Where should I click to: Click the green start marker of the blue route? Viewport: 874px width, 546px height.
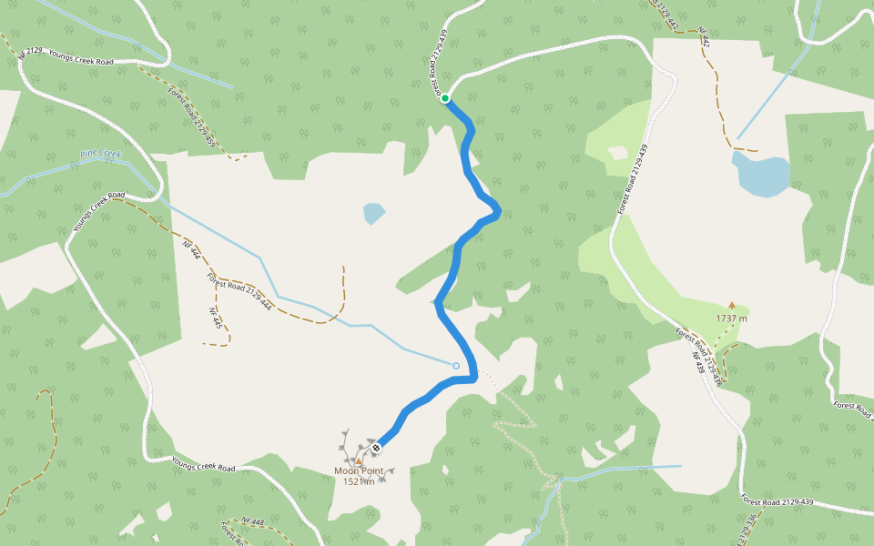(446, 98)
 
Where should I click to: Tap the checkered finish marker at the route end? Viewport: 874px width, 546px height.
(376, 447)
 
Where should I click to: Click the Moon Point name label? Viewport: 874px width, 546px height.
(359, 471)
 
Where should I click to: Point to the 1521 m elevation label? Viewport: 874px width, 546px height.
(359, 481)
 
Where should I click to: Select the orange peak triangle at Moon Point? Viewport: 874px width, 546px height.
(358, 461)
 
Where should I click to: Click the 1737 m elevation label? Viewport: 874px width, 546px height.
(731, 318)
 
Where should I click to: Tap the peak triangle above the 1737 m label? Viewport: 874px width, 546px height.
(731, 306)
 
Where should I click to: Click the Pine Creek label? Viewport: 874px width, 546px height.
(100, 155)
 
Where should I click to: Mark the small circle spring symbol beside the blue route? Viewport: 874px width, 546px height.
(455, 366)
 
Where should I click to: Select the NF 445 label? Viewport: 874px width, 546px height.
(216, 318)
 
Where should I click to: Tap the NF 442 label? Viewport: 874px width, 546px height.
(702, 37)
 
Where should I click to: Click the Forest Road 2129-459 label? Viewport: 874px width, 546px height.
(192, 118)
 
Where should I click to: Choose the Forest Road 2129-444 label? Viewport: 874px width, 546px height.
(239, 290)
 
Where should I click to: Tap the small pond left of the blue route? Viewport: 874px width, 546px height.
(373, 214)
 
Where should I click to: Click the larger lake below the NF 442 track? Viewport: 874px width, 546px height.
(761, 175)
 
